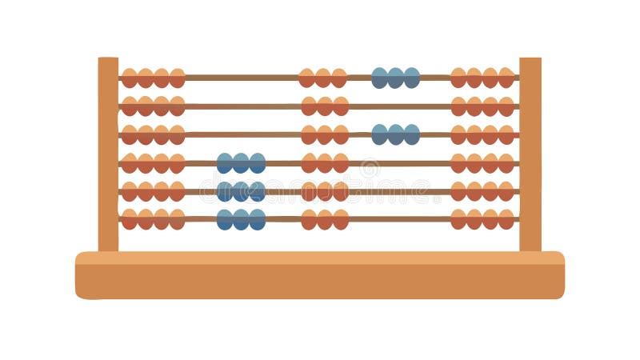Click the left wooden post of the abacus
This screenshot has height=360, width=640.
[108, 152]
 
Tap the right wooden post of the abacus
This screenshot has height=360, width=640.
[530, 152]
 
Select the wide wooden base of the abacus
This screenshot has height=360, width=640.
[320, 276]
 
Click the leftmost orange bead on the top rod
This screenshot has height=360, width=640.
[130, 78]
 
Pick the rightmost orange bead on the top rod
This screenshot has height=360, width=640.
[506, 78]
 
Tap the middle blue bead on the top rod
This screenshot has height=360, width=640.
[395, 78]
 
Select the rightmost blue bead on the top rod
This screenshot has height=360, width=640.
[411, 78]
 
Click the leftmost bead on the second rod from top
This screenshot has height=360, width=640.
[130, 106]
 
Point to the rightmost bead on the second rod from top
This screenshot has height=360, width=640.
[506, 106]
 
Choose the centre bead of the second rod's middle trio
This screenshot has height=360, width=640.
[324, 106]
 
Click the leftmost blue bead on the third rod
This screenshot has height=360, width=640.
[379, 134]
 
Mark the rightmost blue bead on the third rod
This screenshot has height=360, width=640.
[411, 134]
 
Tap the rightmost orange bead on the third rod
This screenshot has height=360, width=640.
[506, 134]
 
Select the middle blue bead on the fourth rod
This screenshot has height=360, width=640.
[241, 163]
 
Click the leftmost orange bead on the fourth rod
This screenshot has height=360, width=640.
[130, 163]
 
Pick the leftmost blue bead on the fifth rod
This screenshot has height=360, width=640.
[225, 191]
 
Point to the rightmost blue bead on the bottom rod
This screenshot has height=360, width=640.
[257, 220]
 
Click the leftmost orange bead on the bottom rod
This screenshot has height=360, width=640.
[130, 220]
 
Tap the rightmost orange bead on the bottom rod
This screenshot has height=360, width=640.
[506, 220]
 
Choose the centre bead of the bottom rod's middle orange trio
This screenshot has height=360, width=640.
[324, 220]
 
